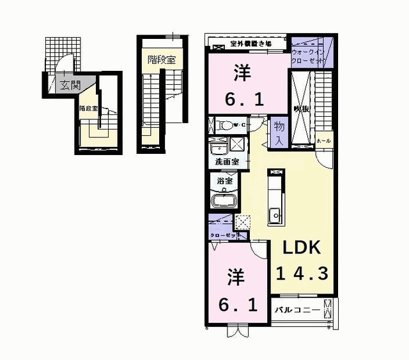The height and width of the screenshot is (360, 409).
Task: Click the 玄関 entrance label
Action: [x=66, y=84]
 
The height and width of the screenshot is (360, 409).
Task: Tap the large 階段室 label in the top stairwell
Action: [x=161, y=59]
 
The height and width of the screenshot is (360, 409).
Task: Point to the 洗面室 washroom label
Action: [x=227, y=162]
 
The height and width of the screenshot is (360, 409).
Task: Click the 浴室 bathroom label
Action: [x=224, y=181]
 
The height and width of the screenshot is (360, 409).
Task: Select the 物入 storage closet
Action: [x=279, y=133]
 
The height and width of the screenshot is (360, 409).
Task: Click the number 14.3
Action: [x=302, y=273]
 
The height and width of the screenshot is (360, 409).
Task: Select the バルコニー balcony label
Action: [x=297, y=311]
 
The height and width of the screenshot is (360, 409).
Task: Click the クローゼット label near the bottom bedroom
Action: [x=225, y=236]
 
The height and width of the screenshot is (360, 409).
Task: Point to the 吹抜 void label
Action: [x=302, y=109]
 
